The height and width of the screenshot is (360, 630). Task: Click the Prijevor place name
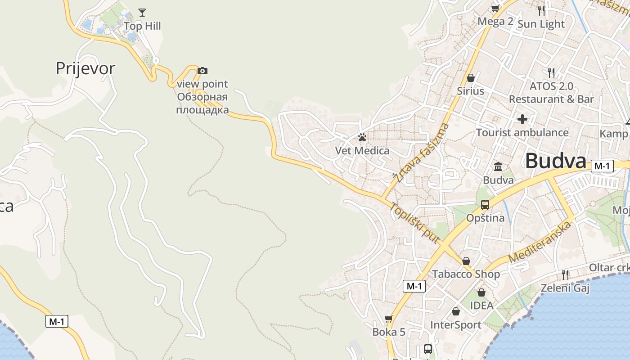pos(85,68)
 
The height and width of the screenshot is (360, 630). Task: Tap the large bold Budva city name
pos(556,161)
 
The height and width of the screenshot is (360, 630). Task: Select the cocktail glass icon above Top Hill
pos(142,12)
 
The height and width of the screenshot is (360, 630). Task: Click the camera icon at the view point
pos(202,71)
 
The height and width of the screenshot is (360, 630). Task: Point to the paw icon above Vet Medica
pos(362,137)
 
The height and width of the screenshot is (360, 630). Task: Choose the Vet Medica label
pos(362,151)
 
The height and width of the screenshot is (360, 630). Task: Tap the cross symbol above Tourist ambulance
pos(522,119)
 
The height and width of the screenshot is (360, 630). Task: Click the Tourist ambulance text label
pos(522,133)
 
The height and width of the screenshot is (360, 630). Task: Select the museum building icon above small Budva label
pos(498,167)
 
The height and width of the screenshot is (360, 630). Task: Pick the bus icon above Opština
pos(485,205)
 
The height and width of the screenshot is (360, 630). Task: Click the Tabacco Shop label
pos(466,274)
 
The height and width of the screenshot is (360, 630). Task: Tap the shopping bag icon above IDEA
pos(481,292)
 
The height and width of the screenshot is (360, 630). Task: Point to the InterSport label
pos(456,325)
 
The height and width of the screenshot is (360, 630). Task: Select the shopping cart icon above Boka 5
pos(389,319)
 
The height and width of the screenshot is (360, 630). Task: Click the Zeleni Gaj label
pos(565,288)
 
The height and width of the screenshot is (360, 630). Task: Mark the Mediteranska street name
pos(540,242)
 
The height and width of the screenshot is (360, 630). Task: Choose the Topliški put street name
pos(414,223)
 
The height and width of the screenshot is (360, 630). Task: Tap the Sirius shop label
pos(471,91)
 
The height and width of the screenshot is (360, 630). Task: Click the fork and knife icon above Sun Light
pos(541,10)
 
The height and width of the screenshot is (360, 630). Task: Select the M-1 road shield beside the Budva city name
pos(602,166)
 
